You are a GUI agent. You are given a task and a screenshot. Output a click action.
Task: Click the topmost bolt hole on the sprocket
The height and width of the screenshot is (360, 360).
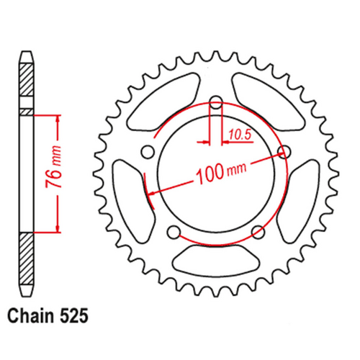(215, 102)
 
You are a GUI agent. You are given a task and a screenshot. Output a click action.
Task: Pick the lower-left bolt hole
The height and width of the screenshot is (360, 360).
(173, 231)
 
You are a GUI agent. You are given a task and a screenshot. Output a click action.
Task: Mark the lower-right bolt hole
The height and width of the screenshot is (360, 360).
(257, 231)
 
